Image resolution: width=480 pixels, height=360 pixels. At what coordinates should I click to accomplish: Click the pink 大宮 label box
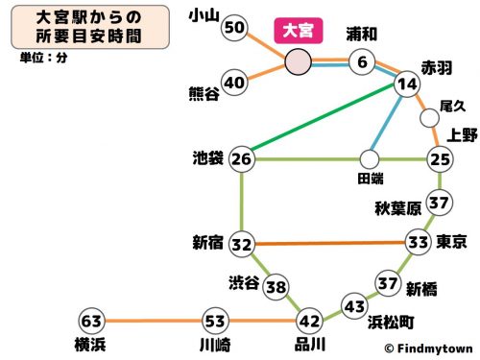click(299, 30)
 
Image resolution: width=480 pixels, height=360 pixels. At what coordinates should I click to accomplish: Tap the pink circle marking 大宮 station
click(298, 62)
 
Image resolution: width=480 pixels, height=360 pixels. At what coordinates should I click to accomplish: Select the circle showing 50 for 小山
click(235, 28)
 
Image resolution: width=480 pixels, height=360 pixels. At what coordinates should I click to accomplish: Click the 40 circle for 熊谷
click(235, 83)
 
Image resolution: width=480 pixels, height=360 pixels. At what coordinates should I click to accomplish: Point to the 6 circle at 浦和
click(362, 63)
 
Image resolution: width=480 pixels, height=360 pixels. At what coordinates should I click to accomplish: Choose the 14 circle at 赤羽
click(407, 84)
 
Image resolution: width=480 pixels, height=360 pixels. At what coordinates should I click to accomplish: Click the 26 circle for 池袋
click(243, 157)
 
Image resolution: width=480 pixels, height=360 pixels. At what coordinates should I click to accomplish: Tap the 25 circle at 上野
click(440, 157)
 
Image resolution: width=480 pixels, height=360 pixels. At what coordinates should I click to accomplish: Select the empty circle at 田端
click(370, 157)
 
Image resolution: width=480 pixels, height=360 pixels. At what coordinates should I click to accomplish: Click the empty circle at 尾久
click(429, 118)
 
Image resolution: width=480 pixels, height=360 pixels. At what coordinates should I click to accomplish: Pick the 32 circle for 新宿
click(243, 244)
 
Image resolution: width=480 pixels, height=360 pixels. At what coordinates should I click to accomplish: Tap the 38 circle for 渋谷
click(276, 287)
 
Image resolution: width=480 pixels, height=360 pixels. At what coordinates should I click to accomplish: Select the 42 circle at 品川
click(309, 320)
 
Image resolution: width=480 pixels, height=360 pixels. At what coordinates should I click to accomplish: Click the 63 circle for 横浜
click(91, 320)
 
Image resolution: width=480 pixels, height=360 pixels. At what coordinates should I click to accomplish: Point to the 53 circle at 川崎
click(215, 320)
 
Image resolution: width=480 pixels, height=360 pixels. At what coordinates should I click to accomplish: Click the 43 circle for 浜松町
click(354, 307)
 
